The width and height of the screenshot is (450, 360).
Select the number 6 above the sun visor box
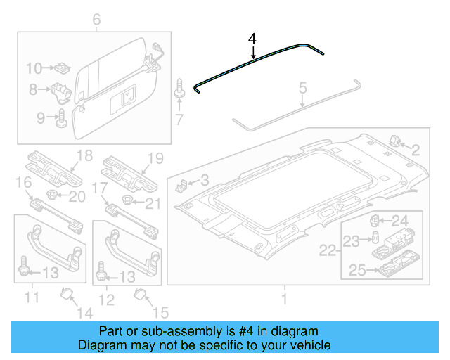coord(96,19)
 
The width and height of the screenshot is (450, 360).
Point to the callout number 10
coord(33,68)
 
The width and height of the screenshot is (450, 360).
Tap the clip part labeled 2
coord(394,142)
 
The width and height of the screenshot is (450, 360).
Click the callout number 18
coord(84,156)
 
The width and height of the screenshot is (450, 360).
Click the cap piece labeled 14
coord(67,294)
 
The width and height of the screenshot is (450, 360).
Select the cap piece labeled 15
coord(141,294)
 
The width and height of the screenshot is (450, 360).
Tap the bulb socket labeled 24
coord(376,221)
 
